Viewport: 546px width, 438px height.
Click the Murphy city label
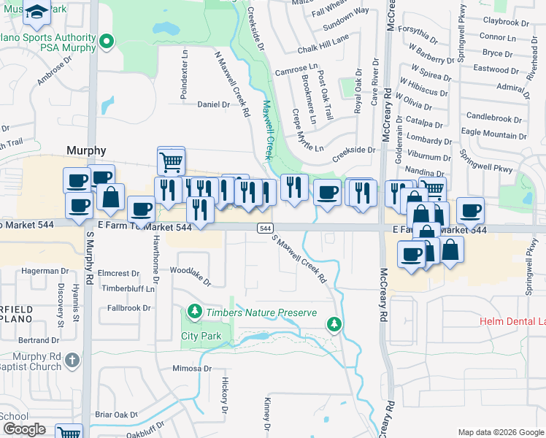tap(86, 150)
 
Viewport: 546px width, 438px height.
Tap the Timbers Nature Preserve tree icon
tap(194, 312)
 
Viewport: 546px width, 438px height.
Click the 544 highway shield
tap(265, 228)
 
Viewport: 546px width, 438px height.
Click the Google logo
tap(24, 429)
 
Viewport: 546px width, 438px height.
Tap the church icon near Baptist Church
tap(72, 360)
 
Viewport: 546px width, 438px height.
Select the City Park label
tap(201, 336)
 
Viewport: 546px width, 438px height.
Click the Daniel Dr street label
tap(213, 104)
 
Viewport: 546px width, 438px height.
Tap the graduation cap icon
tap(37, 12)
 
